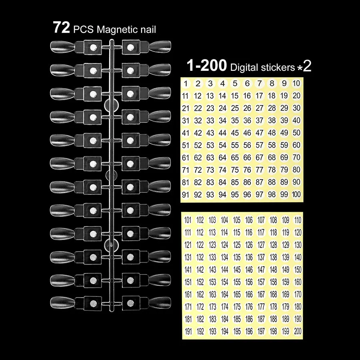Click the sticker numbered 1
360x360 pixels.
pyautogui.click(x=186, y=84)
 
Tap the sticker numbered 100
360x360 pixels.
pyautogui.click(x=296, y=194)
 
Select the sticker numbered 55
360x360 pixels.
pyautogui.click(x=235, y=145)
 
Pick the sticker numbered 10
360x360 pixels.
pyautogui.click(x=296, y=83)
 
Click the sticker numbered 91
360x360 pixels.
pyautogui.click(x=186, y=195)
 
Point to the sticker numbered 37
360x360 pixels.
pyautogui.click(x=260, y=120)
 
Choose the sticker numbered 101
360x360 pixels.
pyautogui.click(x=188, y=220)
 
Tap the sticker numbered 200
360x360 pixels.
pyautogui.click(x=298, y=331)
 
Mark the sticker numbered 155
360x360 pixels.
pyautogui.click(x=237, y=282)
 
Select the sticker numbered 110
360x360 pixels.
pyautogui.click(x=298, y=220)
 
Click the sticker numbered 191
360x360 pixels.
pyautogui.click(x=188, y=332)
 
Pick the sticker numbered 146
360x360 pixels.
pyautogui.click(x=249, y=270)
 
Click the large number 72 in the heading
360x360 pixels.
pyautogui.click(x=61, y=28)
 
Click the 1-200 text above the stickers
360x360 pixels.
pyautogui.click(x=207, y=66)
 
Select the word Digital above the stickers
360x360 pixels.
pyautogui.click(x=244, y=68)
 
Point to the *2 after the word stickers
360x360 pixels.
pyautogui.click(x=305, y=66)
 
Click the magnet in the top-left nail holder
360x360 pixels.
pyautogui.click(x=93, y=48)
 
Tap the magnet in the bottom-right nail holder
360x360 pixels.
pyautogui.click(x=130, y=303)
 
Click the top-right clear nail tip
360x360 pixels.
pyautogui.click(x=160, y=47)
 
